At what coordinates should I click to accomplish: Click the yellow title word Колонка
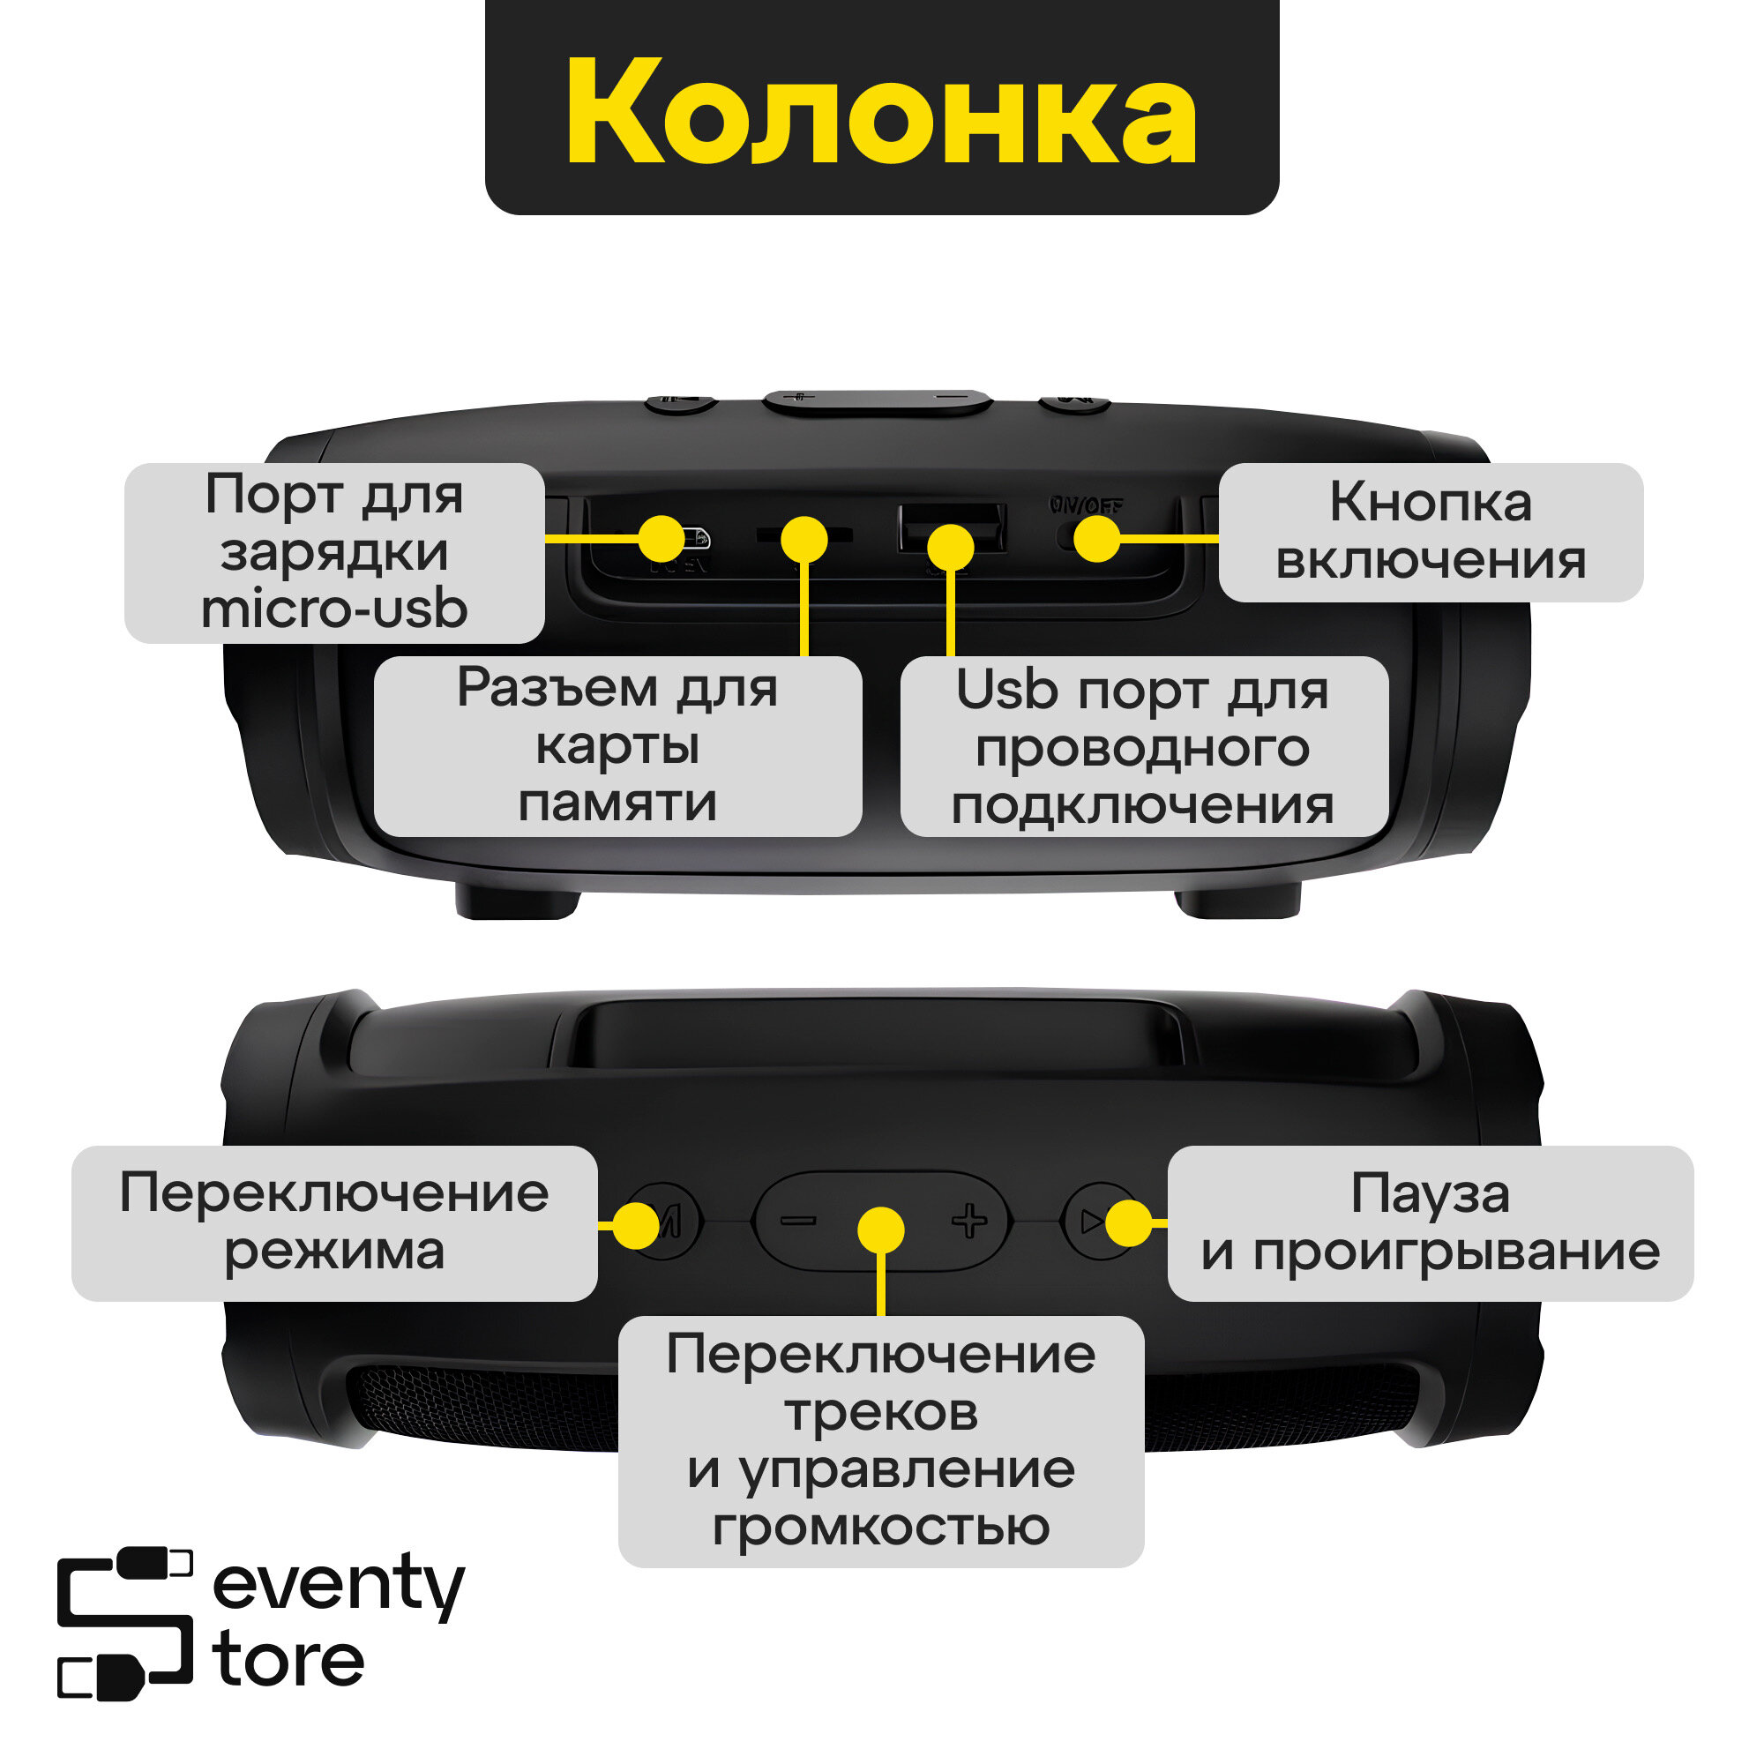pos(881,111)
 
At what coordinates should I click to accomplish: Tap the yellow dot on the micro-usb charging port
pos(661,539)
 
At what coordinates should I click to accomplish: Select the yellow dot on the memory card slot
pos(804,539)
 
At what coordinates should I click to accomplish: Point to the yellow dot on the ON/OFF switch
pos(1096,539)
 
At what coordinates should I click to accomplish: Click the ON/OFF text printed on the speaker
pos(1086,505)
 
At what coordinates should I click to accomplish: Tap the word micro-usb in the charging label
pos(334,609)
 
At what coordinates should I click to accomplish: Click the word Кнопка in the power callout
pos(1430,502)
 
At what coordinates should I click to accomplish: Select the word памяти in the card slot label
pos(617,804)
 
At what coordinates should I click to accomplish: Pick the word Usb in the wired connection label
pos(1006,691)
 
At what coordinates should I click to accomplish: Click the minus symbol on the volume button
pos(798,1221)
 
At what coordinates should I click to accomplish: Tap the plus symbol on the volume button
pos(968,1221)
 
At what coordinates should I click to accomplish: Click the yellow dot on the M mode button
pos(635,1224)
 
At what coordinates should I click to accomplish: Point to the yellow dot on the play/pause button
pos(1129,1222)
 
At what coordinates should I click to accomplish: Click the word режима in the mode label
pos(334,1252)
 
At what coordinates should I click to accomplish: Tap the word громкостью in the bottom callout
pos(881,1528)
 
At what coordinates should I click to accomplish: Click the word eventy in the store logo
pos(339,1586)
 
